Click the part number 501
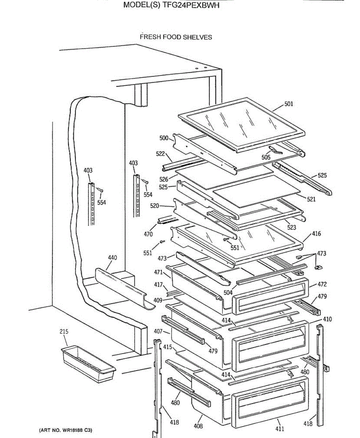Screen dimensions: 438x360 tap(289, 104)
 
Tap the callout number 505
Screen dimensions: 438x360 tap(266, 158)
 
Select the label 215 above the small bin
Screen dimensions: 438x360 tap(64, 332)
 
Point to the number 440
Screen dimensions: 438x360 tap(112, 258)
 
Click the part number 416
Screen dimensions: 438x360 tap(316, 234)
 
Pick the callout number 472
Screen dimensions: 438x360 tap(322, 284)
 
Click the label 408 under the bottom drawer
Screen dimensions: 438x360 tap(198, 426)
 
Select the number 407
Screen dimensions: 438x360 tap(158, 332)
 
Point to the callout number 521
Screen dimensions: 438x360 tap(311, 199)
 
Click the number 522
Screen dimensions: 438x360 tap(160, 154)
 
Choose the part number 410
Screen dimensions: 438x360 tap(327, 319)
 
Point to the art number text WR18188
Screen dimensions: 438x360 tap(72, 430)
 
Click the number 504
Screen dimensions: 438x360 tap(228, 293)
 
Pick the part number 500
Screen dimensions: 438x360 tap(164, 138)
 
